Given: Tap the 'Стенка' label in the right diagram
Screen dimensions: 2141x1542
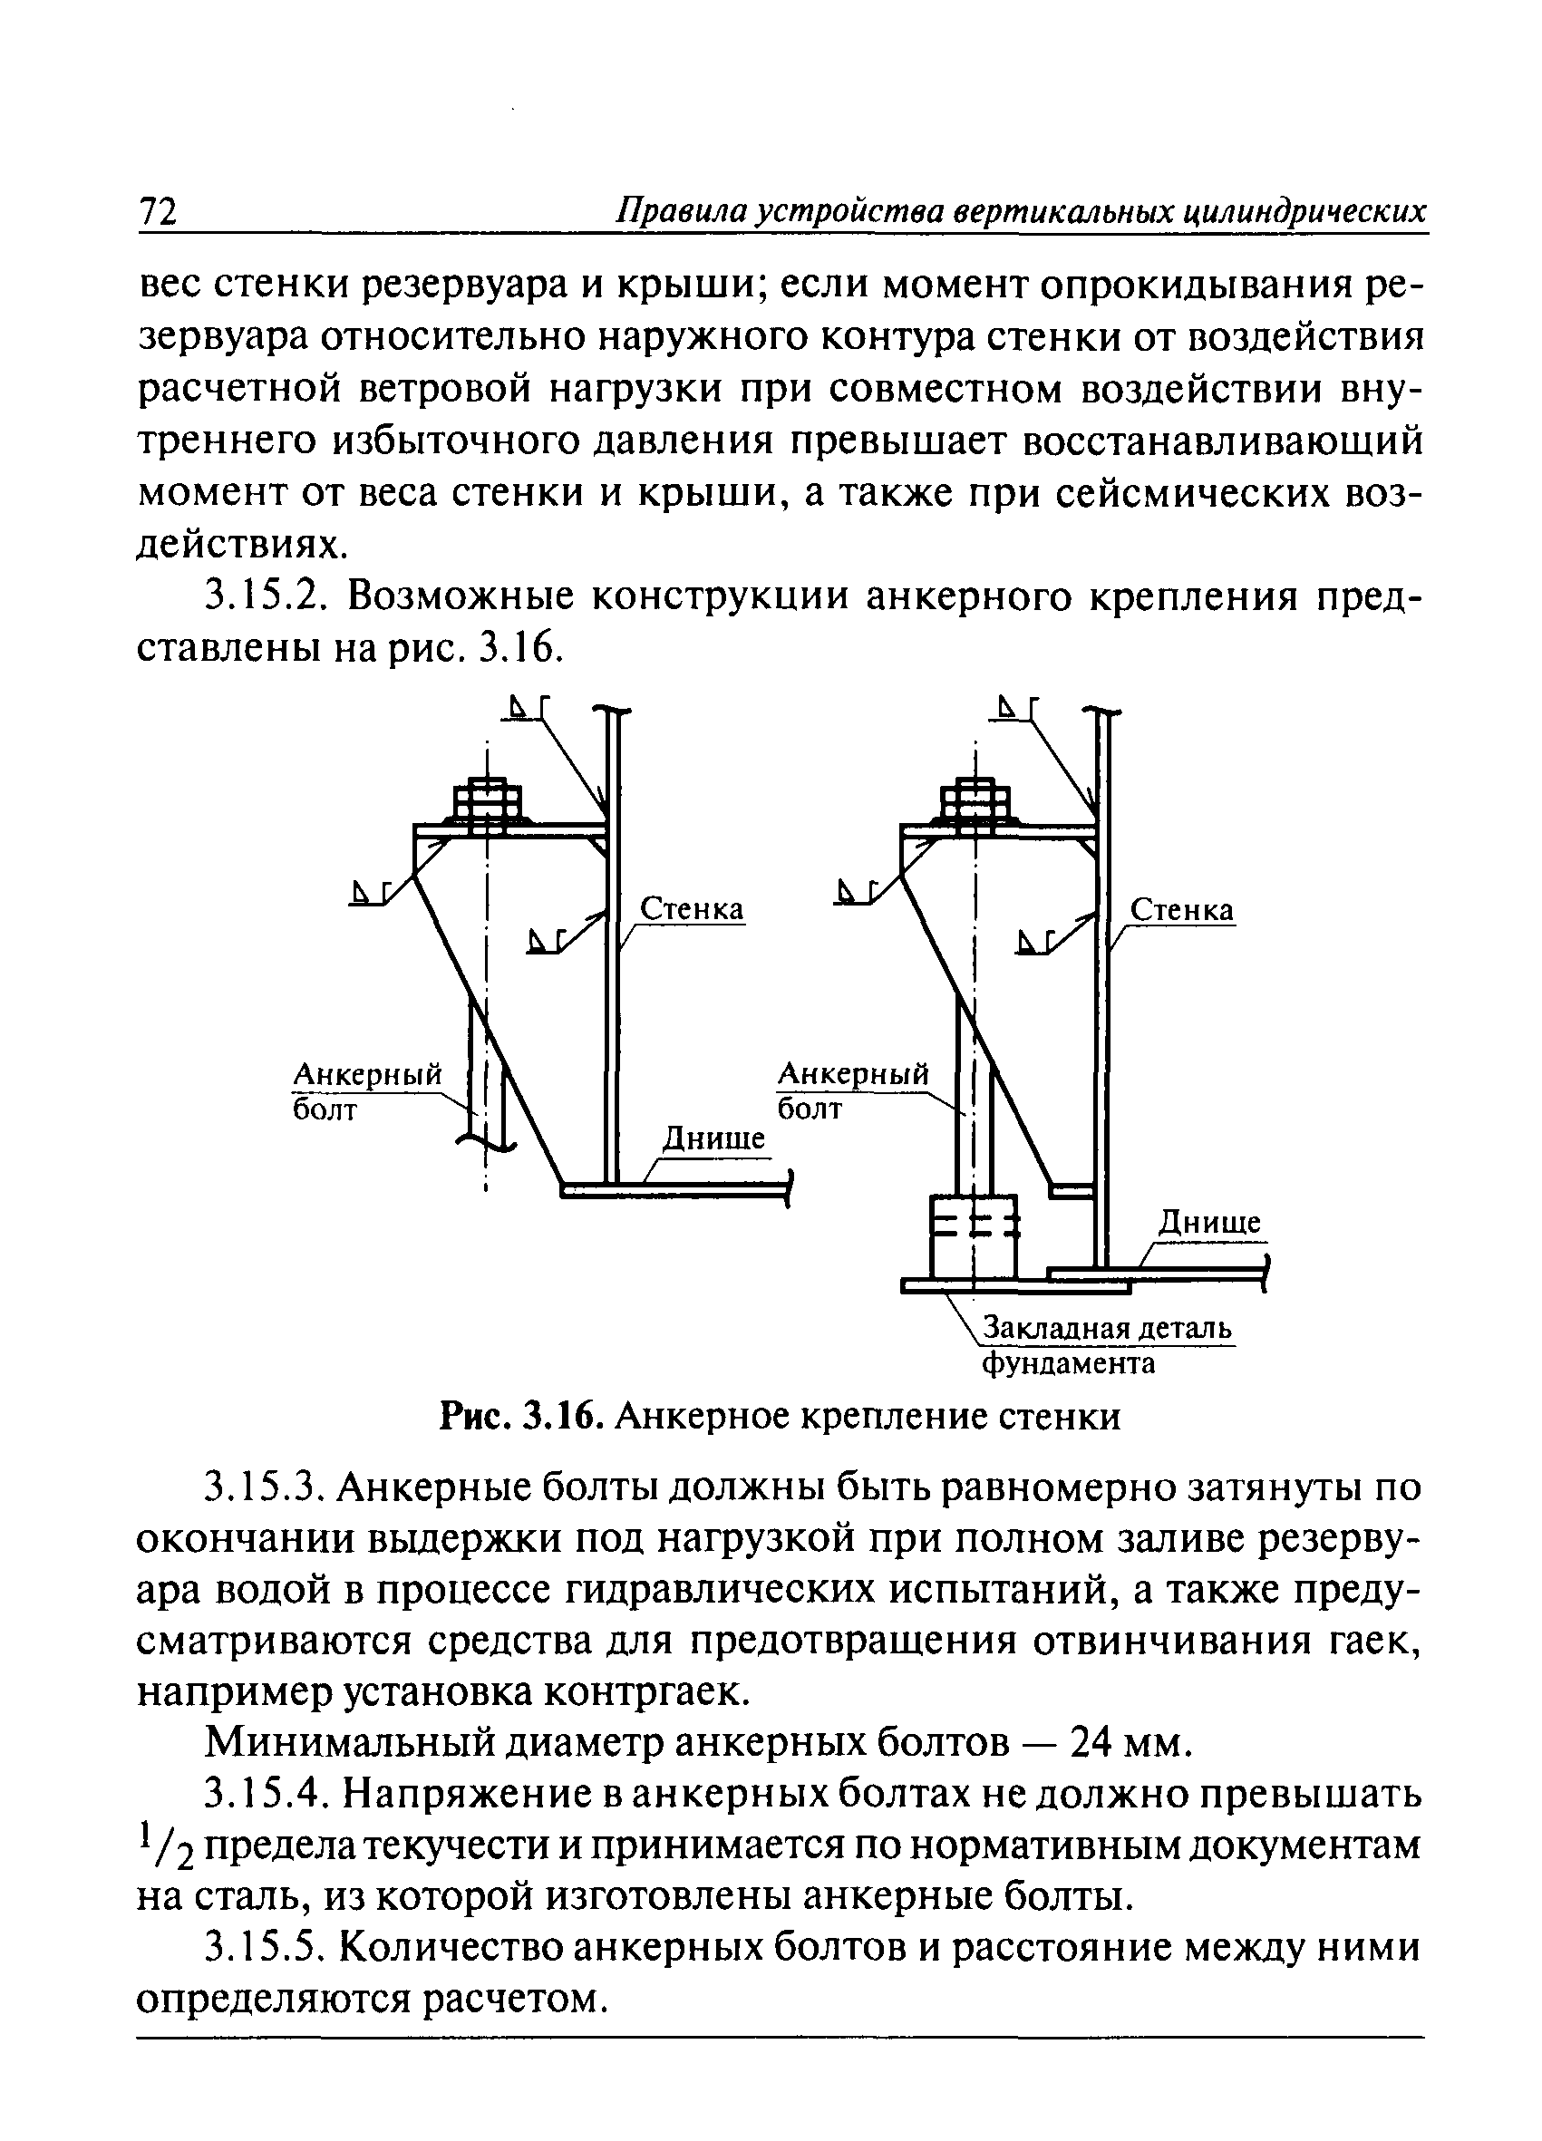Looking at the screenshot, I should click(x=1181, y=910).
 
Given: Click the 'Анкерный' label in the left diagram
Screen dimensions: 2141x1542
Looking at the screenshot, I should click(x=368, y=1074).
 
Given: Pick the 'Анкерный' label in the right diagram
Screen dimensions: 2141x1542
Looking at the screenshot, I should click(x=853, y=1074).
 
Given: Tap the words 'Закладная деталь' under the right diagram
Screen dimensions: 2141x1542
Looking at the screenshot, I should click(x=1108, y=1328).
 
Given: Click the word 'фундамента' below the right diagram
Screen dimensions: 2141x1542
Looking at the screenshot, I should click(x=1069, y=1363).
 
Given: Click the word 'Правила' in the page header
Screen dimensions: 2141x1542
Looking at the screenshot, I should click(x=673, y=210).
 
